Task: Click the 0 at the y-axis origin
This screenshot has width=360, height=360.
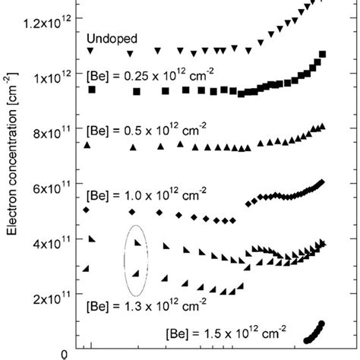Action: click(67, 353)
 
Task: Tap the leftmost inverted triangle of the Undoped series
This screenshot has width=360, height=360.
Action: click(91, 51)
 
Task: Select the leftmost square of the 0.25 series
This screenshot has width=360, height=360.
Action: click(93, 90)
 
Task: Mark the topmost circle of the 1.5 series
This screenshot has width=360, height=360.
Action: click(322, 324)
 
